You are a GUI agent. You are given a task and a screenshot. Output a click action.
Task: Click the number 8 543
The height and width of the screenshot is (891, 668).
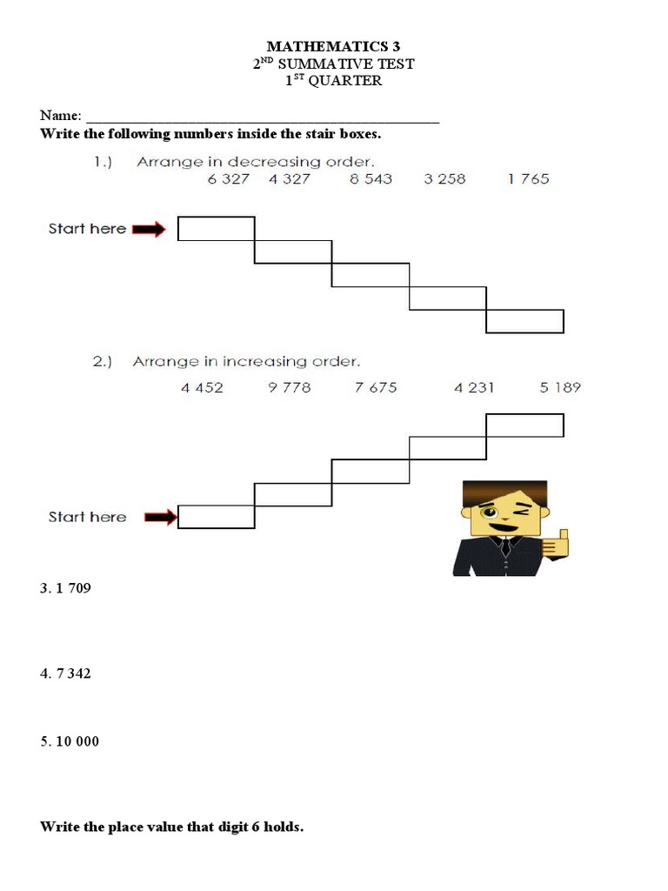click(371, 178)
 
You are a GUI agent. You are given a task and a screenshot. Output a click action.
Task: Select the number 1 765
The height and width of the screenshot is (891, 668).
click(528, 178)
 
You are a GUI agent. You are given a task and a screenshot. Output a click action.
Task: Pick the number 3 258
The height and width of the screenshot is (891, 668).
click(444, 178)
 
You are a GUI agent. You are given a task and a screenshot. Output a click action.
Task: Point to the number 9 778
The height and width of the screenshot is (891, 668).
click(290, 387)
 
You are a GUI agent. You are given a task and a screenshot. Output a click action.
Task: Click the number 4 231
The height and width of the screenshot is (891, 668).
click(474, 387)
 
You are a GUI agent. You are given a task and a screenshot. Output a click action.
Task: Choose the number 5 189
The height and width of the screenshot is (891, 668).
click(560, 387)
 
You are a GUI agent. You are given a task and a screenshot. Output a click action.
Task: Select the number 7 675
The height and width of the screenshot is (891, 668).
click(376, 387)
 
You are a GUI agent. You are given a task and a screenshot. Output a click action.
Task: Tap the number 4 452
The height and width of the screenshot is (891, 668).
click(203, 387)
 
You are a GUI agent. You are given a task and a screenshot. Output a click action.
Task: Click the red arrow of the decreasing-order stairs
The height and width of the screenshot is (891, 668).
click(150, 229)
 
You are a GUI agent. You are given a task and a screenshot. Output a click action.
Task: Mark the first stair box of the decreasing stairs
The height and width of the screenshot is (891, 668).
click(217, 228)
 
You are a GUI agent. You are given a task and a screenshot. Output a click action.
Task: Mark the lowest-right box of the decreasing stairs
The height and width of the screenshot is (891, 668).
click(524, 322)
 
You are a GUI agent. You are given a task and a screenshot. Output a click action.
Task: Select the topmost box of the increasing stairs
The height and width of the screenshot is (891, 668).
click(524, 425)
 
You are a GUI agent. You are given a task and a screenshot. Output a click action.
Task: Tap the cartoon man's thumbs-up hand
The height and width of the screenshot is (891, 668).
click(556, 543)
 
